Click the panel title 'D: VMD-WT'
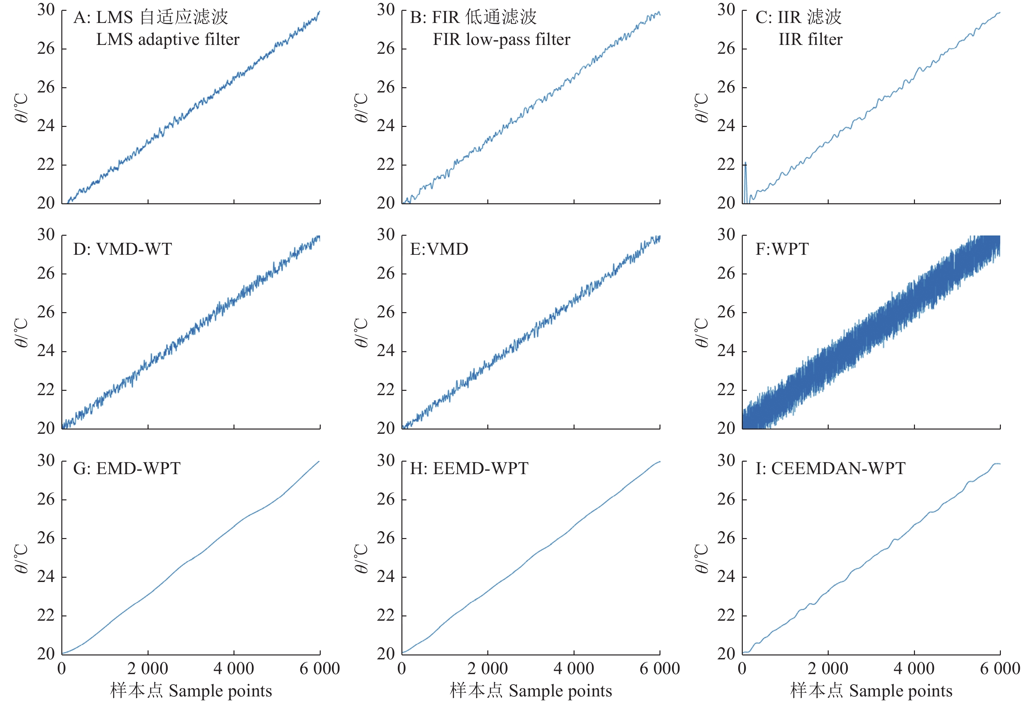click(x=122, y=249)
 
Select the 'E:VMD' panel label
click(x=439, y=249)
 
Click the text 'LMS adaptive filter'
click(x=168, y=40)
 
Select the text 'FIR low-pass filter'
click(x=501, y=40)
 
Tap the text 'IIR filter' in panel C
click(x=810, y=40)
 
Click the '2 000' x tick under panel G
click(x=148, y=669)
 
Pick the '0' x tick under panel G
click(x=62, y=669)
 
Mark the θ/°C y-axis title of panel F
click(x=701, y=332)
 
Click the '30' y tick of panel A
click(x=46, y=10)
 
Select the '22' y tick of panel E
click(x=386, y=390)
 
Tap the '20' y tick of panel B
click(x=386, y=203)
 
